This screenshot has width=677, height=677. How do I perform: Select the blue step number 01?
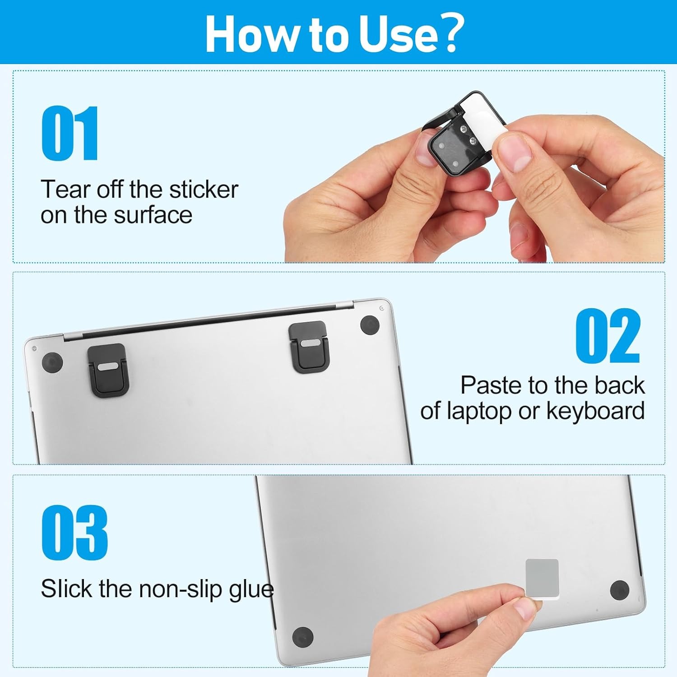(70, 133)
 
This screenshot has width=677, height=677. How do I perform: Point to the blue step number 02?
(607, 336)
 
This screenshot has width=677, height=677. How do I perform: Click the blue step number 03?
(74, 533)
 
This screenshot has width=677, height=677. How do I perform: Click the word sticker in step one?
(203, 190)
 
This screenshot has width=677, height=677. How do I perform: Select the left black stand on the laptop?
(108, 370)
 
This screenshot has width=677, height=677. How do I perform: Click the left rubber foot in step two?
(52, 362)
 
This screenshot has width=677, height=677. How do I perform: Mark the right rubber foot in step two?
(370, 325)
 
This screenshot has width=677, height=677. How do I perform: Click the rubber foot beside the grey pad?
(619, 590)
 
